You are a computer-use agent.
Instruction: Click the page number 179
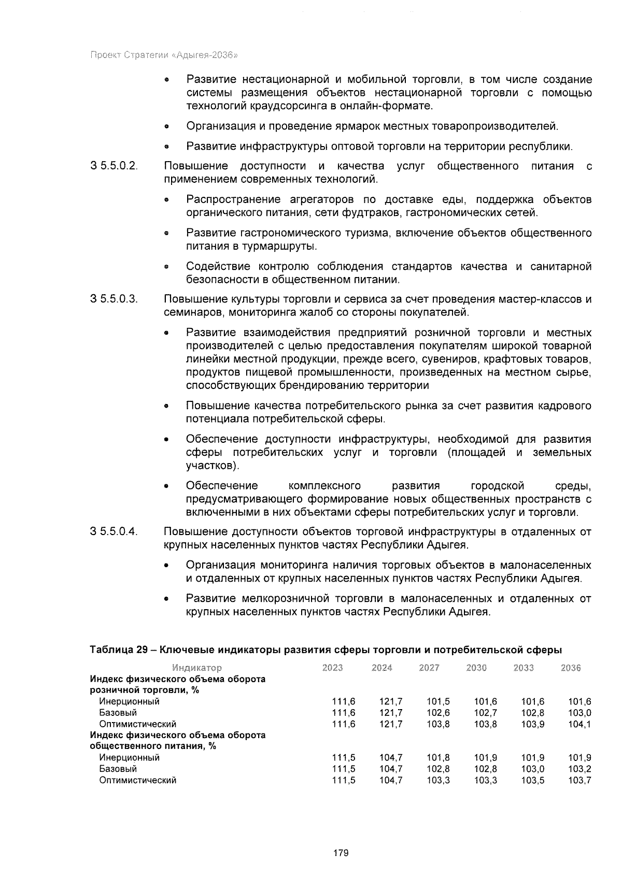pos(341,853)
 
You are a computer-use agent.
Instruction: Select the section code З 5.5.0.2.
pos(114,166)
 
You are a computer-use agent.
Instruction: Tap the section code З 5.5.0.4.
pos(114,531)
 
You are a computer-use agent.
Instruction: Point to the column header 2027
pos(429,668)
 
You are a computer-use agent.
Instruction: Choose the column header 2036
pos(571,668)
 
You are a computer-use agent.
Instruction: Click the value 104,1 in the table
pos(579,724)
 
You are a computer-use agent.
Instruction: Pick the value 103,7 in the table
pos(579,780)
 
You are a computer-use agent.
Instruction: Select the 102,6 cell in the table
pos(438,713)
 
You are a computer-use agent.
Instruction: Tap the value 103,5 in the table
pos(533,780)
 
